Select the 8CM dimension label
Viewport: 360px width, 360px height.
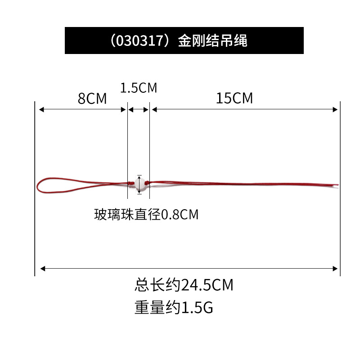tap(92, 99)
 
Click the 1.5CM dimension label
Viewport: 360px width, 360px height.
tap(139, 87)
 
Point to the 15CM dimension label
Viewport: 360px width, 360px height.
tap(234, 98)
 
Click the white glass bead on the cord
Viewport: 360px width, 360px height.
tap(139, 184)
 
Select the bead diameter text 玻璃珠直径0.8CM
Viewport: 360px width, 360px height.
tap(146, 215)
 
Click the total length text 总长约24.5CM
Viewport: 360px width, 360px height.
tap(184, 284)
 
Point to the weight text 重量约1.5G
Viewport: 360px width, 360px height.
tap(173, 308)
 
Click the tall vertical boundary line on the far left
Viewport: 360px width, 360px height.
tap(35, 189)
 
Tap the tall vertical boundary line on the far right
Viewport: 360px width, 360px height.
tap(340, 189)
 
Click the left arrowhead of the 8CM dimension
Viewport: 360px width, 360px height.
tap(40, 109)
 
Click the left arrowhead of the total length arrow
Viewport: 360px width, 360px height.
tap(43, 269)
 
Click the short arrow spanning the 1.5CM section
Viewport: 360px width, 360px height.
tap(139, 109)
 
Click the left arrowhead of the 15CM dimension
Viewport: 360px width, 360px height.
tap(154, 109)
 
